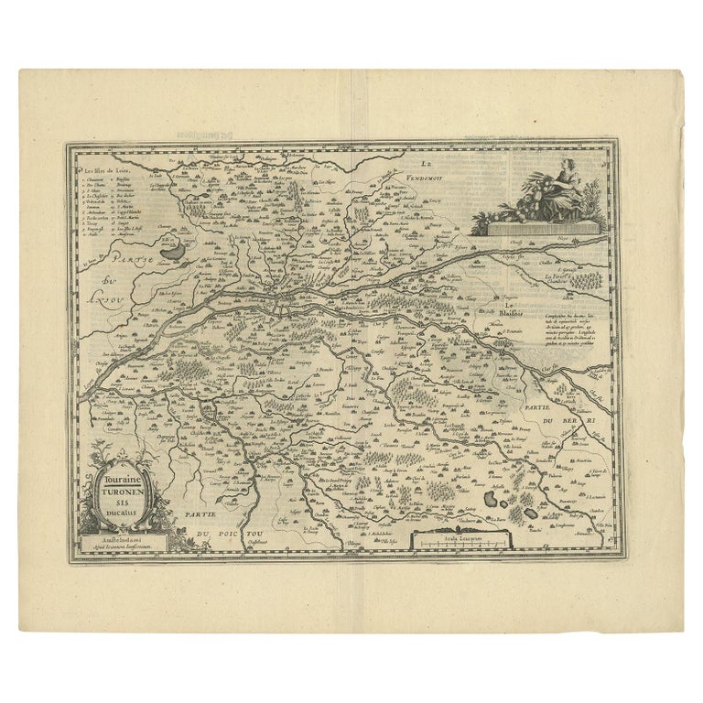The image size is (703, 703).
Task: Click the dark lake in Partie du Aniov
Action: tap(170, 245)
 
